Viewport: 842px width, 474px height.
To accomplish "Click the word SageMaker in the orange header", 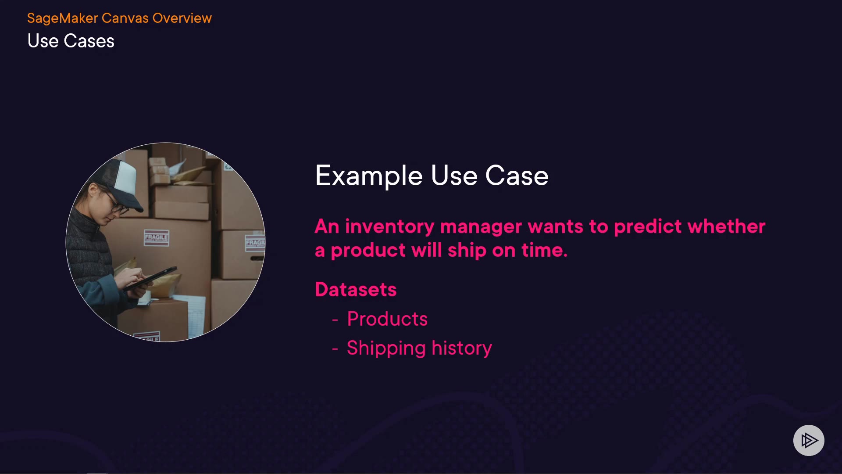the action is [x=63, y=18].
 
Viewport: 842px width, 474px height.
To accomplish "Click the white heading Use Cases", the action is [x=71, y=41].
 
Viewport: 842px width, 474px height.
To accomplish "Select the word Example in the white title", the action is [x=369, y=176].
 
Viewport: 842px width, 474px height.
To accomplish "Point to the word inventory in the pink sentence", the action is [x=389, y=226].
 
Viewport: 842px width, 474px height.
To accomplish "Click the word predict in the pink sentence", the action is [x=648, y=227].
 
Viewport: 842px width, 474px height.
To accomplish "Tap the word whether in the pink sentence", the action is [x=726, y=226].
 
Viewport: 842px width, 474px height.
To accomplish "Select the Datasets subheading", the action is [x=356, y=290].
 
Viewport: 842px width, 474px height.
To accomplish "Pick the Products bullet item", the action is [x=387, y=319].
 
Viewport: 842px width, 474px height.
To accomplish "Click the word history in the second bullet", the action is [x=462, y=348].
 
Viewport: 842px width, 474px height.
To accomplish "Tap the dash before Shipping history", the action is [x=335, y=349].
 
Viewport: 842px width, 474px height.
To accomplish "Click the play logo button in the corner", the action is [x=809, y=440].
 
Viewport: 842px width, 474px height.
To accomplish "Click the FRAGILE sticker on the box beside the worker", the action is [x=157, y=237].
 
